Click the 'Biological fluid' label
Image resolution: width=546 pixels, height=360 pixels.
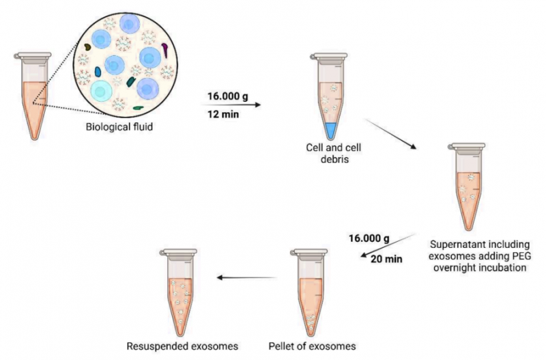click(x=119, y=126)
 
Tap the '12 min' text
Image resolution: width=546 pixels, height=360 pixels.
click(x=223, y=114)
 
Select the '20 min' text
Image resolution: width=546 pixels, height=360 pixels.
click(x=386, y=259)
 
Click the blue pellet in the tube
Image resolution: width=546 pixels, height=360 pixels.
click(x=330, y=130)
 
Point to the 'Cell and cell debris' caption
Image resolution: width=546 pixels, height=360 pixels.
click(x=334, y=153)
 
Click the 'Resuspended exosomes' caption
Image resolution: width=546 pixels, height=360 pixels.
click(x=182, y=346)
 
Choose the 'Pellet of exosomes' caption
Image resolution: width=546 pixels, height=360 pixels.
click(x=313, y=346)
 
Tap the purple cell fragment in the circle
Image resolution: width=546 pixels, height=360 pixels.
click(x=164, y=50)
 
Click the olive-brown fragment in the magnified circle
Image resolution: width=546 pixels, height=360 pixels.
click(x=87, y=46)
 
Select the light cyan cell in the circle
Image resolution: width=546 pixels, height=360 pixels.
click(x=100, y=91)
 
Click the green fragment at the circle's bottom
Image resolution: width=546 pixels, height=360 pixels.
click(x=139, y=108)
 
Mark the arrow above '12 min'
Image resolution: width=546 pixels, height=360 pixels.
click(x=231, y=105)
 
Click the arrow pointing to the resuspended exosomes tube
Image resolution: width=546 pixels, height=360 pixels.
click(x=246, y=278)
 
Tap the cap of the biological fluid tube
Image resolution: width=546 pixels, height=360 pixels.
click(x=33, y=56)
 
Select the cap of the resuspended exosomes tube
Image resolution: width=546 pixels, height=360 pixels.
click(x=179, y=252)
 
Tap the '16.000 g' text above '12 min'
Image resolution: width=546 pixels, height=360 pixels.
click(x=228, y=96)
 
